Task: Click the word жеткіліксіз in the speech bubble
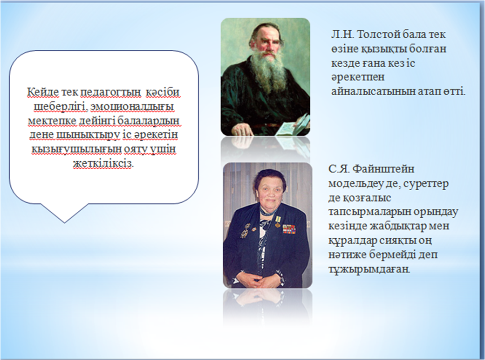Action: (x=103, y=163)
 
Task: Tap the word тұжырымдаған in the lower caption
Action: (x=369, y=269)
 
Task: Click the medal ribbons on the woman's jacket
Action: (x=288, y=228)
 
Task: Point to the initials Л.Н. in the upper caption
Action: (x=342, y=35)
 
